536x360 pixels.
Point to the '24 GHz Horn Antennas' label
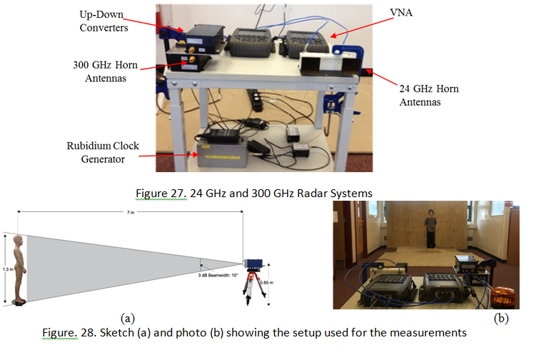click(x=428, y=95)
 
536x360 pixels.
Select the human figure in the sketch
click(x=21, y=269)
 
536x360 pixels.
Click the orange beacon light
click(x=498, y=294)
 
